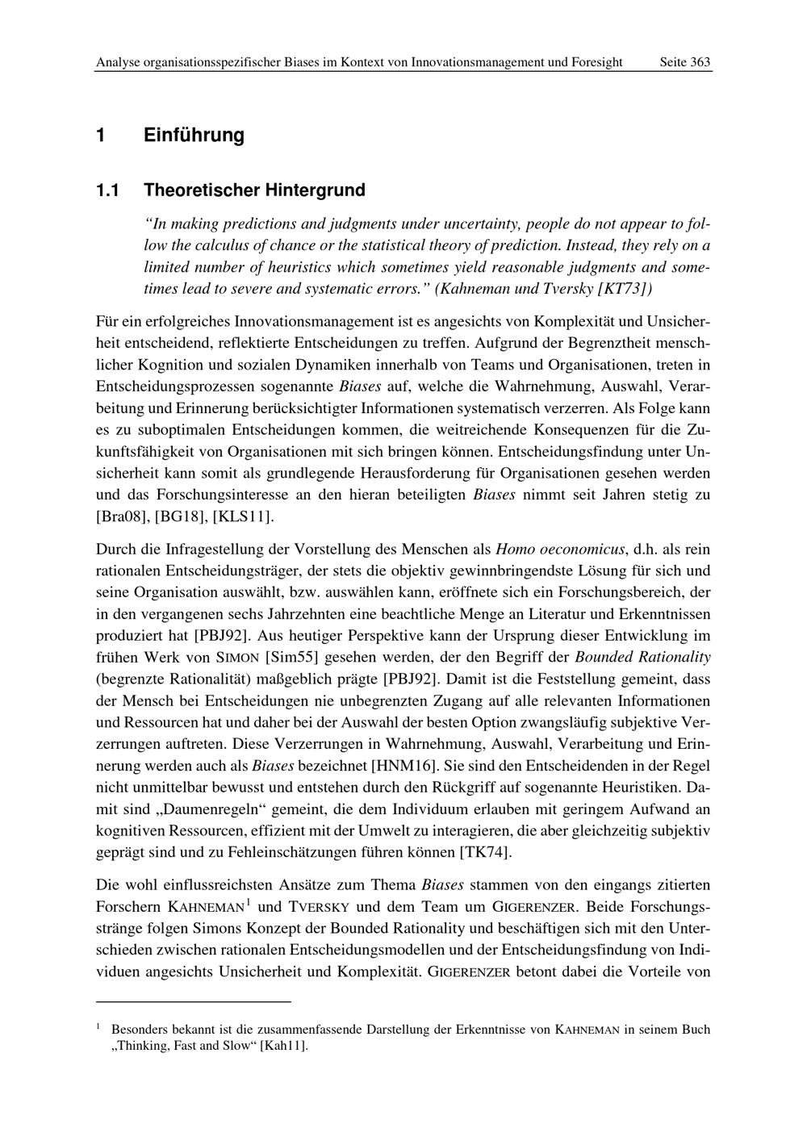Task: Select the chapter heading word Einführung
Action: coord(194,135)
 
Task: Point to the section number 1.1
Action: coord(107,190)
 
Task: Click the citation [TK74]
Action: coord(485,851)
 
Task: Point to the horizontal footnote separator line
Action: coord(193,1001)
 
